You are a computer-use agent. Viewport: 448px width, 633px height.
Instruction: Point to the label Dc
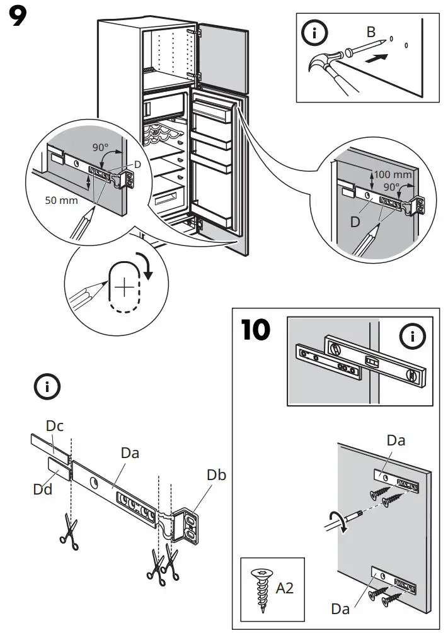(55, 426)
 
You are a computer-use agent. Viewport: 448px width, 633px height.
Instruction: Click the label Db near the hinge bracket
(217, 475)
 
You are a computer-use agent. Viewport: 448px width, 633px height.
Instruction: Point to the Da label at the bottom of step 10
(342, 608)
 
